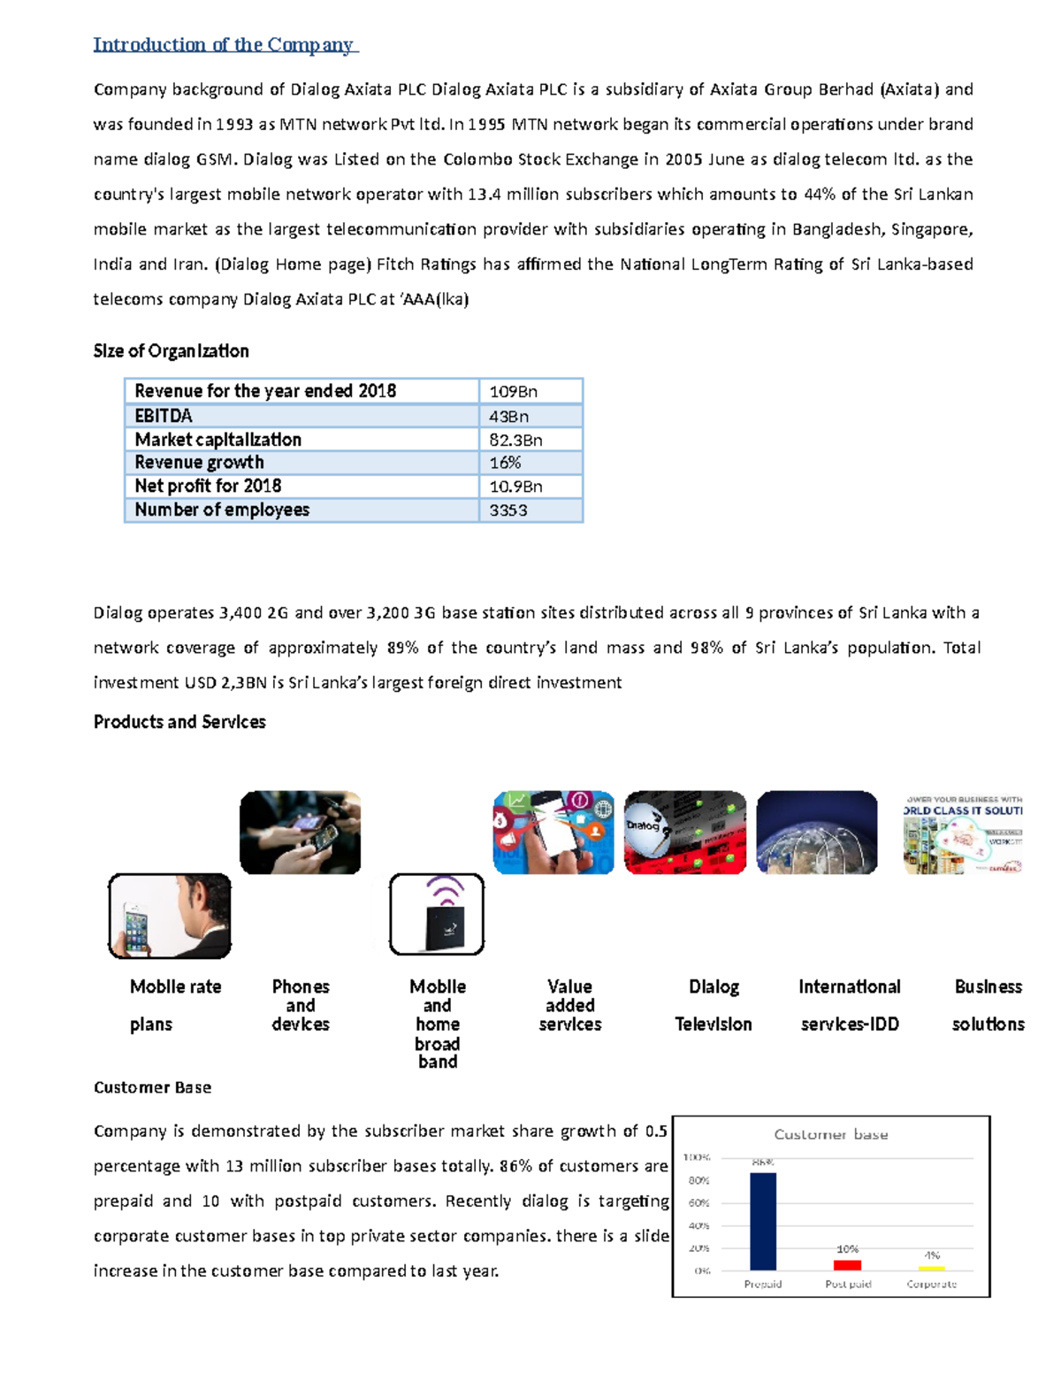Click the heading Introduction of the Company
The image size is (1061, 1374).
[x=224, y=44]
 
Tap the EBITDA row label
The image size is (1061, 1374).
[x=164, y=416]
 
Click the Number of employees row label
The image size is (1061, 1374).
[x=222, y=510]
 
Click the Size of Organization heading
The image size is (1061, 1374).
[x=172, y=351]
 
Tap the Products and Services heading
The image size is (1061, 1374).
[x=179, y=722]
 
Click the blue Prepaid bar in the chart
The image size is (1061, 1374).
[x=763, y=1221]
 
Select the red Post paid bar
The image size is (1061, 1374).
[x=847, y=1265]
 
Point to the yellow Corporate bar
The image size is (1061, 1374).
[x=932, y=1268]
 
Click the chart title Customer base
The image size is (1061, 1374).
[x=831, y=1134]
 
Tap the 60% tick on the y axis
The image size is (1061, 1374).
[x=698, y=1203]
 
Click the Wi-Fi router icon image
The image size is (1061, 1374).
[x=437, y=914]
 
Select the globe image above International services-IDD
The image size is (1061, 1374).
[x=817, y=833]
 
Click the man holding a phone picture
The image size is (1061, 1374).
[x=170, y=916]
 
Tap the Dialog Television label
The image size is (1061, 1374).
[x=714, y=1005]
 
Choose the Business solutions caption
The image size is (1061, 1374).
[x=988, y=1005]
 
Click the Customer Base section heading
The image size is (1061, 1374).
[x=152, y=1087]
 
